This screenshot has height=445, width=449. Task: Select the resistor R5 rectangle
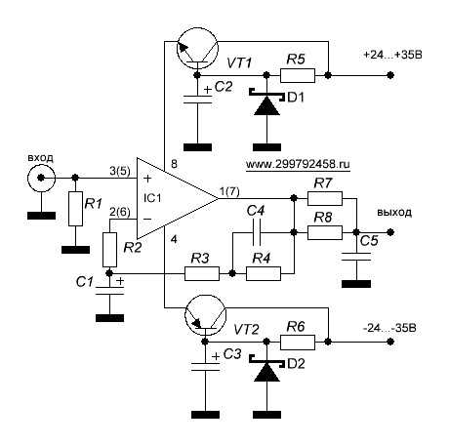298,75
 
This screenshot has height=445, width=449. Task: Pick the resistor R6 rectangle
298,343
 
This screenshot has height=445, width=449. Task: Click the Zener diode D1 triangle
266,105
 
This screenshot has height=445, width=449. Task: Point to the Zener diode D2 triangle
266,372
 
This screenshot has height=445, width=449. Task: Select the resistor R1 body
75,209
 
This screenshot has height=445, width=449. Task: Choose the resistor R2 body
109,250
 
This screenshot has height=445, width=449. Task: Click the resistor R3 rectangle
202,273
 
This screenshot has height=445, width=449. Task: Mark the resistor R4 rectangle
264,273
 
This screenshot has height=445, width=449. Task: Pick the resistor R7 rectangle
325,198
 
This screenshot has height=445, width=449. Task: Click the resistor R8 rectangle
325,232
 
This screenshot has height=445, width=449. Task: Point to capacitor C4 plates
257,232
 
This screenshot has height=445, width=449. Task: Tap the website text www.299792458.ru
298,164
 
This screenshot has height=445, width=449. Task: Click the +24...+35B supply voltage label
392,55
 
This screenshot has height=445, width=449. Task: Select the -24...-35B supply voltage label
389,328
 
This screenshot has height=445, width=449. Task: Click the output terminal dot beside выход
390,232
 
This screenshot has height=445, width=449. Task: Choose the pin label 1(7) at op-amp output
229,192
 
